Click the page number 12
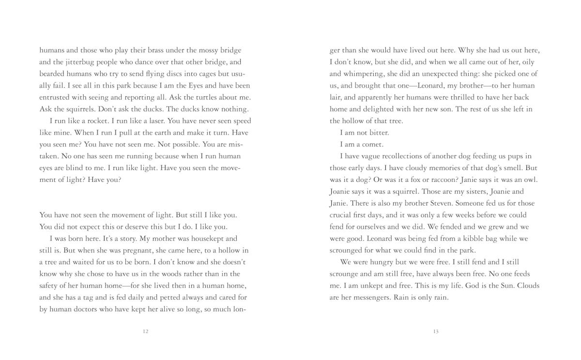pyautogui.click(x=146, y=331)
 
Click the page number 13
pyautogui.click(x=436, y=331)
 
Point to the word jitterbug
pyautogui.click(x=78, y=62)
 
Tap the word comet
pyautogui.click(x=372, y=145)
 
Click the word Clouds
pyautogui.click(x=528, y=285)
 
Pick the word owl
pyautogui.click(x=531, y=180)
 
